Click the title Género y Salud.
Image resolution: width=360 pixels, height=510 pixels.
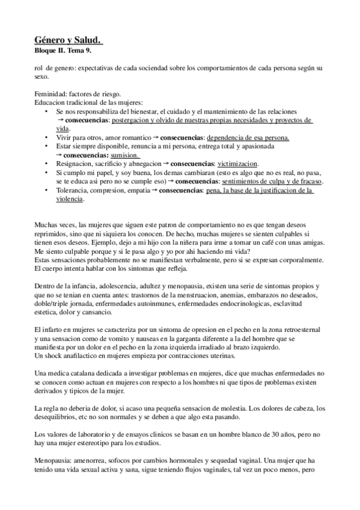tap(69, 39)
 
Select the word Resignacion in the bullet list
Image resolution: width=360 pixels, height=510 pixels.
tap(76, 163)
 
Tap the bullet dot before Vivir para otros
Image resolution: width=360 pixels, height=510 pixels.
tap(47, 137)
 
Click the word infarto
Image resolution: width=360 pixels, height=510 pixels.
tap(55, 331)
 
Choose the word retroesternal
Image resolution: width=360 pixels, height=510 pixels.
tap(302, 331)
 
